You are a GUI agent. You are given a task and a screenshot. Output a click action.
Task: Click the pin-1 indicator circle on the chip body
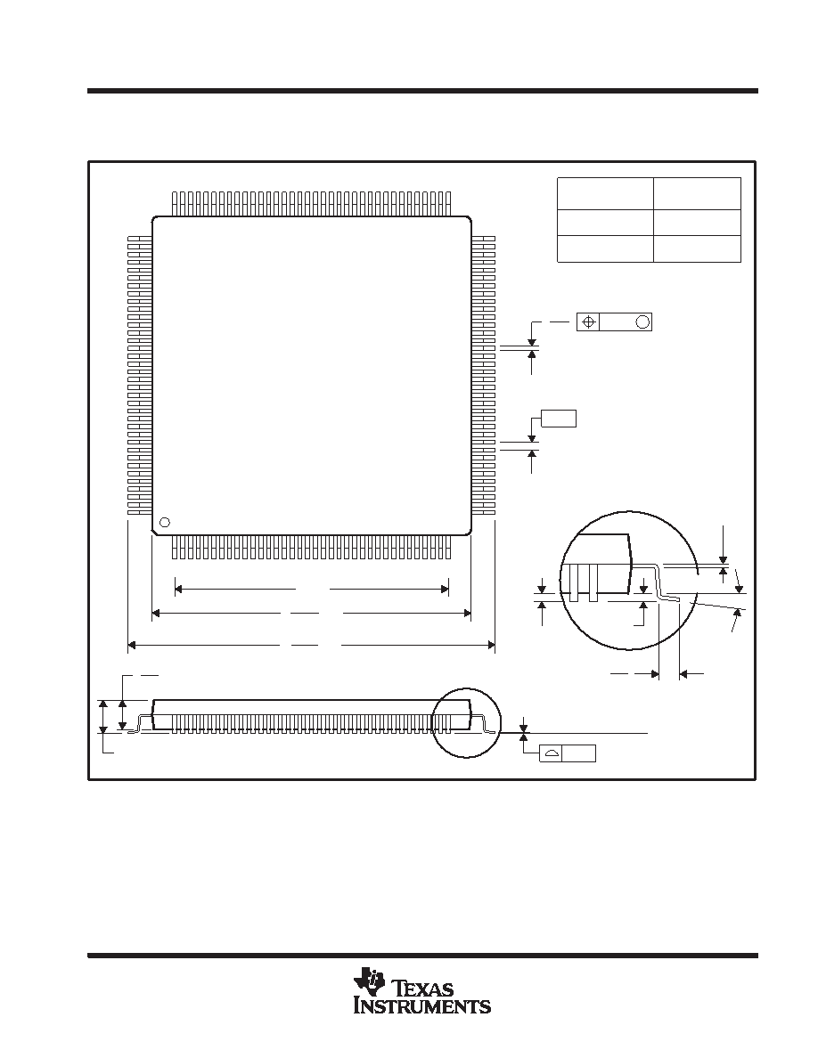[164, 522]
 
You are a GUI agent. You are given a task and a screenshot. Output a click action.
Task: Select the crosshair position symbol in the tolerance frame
[588, 322]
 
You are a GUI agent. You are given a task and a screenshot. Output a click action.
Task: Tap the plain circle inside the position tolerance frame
[642, 322]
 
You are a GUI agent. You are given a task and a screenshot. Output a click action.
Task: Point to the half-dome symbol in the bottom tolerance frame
[552, 753]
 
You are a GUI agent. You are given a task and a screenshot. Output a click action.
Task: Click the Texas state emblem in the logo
[367, 983]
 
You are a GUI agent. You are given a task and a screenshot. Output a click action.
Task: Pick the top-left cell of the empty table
[605, 193]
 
